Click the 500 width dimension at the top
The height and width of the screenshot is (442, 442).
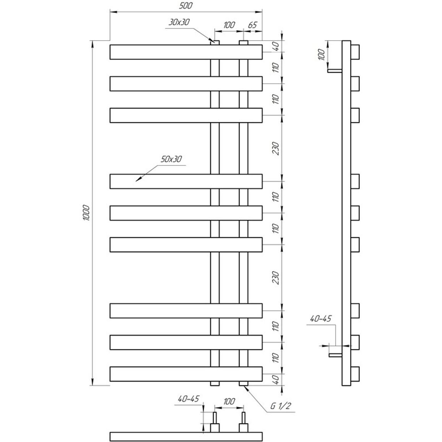point(186,6)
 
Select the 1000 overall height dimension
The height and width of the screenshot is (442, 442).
point(86,213)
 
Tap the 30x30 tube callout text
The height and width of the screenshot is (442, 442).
point(179,22)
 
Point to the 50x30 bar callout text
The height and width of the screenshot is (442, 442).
point(171,159)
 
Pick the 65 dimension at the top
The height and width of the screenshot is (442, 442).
point(253,25)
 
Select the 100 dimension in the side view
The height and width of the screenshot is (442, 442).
point(321,54)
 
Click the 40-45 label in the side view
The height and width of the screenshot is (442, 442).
point(321,319)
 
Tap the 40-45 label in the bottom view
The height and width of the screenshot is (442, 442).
point(188,398)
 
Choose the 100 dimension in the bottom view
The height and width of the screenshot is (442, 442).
point(229,401)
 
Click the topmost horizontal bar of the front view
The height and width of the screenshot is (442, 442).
point(186,52)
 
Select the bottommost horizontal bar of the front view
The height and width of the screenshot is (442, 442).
point(186,374)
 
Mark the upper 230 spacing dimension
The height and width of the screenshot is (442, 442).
point(276,149)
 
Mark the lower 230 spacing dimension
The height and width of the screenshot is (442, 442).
point(276,278)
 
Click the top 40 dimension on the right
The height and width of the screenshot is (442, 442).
point(276,45)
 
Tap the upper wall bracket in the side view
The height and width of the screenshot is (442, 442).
point(335,71)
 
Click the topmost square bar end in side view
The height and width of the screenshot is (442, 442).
point(355,52)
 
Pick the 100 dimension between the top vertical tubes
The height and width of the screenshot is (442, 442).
point(229,25)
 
